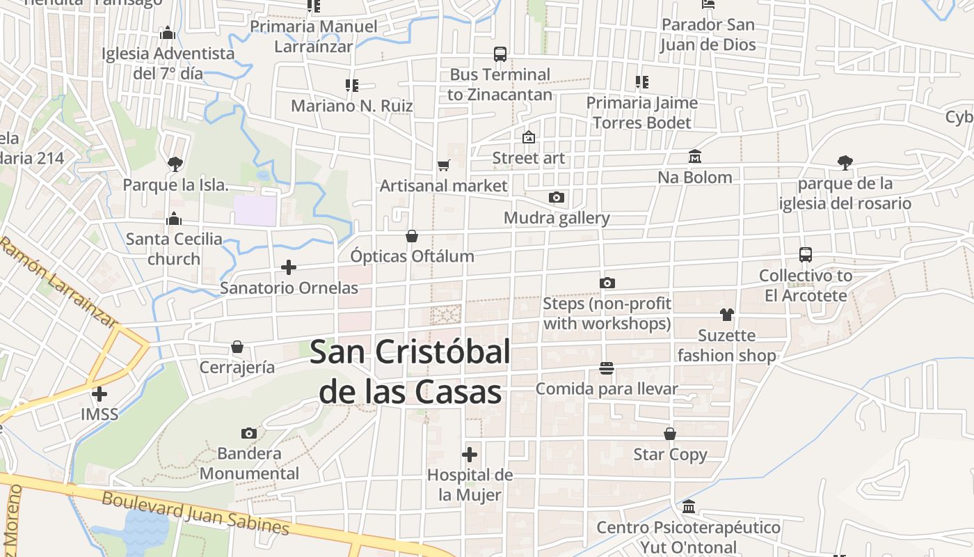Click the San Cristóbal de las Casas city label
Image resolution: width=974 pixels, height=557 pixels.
pyautogui.click(x=410, y=372)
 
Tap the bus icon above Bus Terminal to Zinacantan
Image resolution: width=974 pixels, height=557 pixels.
pyautogui.click(x=500, y=54)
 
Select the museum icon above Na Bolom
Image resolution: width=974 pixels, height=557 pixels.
pyautogui.click(x=694, y=157)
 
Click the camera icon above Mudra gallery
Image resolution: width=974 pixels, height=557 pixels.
pyautogui.click(x=556, y=198)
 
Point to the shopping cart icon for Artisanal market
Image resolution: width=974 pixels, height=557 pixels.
pyautogui.click(x=443, y=166)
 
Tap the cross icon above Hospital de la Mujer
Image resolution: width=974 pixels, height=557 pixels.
pyautogui.click(x=470, y=455)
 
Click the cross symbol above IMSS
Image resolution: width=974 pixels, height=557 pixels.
pyautogui.click(x=99, y=394)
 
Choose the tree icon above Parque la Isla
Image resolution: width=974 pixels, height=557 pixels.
pyautogui.click(x=175, y=164)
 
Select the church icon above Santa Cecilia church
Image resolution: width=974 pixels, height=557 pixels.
pyautogui.click(x=174, y=219)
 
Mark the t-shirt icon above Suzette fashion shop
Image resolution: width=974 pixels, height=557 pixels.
pyautogui.click(x=727, y=315)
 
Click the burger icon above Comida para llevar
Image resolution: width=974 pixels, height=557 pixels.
pyautogui.click(x=607, y=368)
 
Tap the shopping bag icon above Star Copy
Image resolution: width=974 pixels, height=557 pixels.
pyautogui.click(x=670, y=434)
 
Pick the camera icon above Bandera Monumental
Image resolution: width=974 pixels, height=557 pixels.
pyautogui.click(x=248, y=434)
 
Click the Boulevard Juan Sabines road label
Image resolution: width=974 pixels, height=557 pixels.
pyautogui.click(x=195, y=514)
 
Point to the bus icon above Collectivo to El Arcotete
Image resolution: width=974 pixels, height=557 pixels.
pyautogui.click(x=806, y=255)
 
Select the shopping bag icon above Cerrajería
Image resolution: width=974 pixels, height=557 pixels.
pyautogui.click(x=237, y=347)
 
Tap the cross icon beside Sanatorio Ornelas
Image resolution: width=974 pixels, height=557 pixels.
pyautogui.click(x=289, y=267)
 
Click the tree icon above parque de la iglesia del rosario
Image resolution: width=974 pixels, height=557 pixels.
pyautogui.click(x=845, y=163)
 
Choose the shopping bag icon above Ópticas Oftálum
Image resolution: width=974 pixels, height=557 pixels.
pyautogui.click(x=412, y=236)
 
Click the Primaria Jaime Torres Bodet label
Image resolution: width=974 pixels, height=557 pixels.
pyautogui.click(x=641, y=113)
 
